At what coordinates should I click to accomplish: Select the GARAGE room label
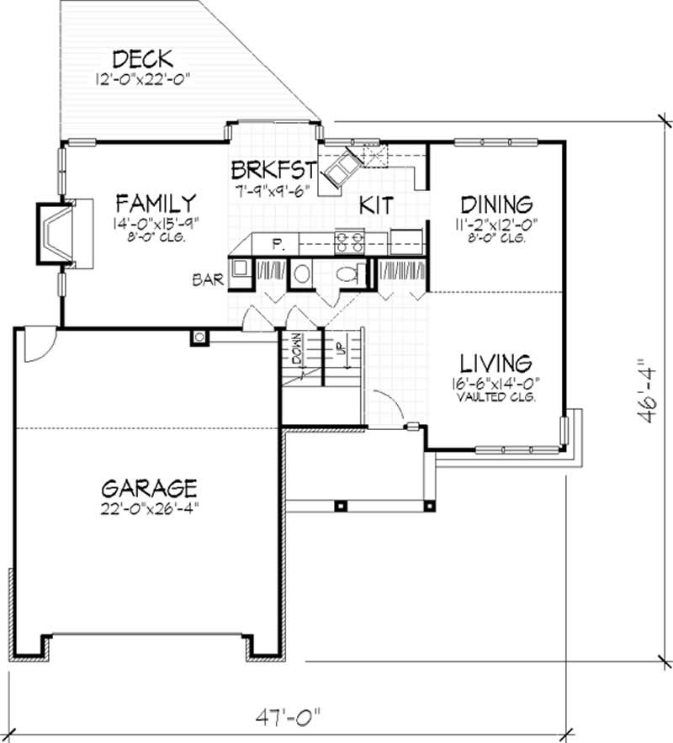coord(149,488)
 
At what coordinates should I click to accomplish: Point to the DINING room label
coord(496,204)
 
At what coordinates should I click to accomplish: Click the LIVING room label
coord(495,363)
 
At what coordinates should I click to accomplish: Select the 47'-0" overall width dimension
coord(290,719)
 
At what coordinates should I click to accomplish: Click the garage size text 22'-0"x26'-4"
coord(149,507)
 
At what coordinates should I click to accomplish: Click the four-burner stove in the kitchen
coord(348,242)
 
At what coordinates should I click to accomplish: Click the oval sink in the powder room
coord(302,275)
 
